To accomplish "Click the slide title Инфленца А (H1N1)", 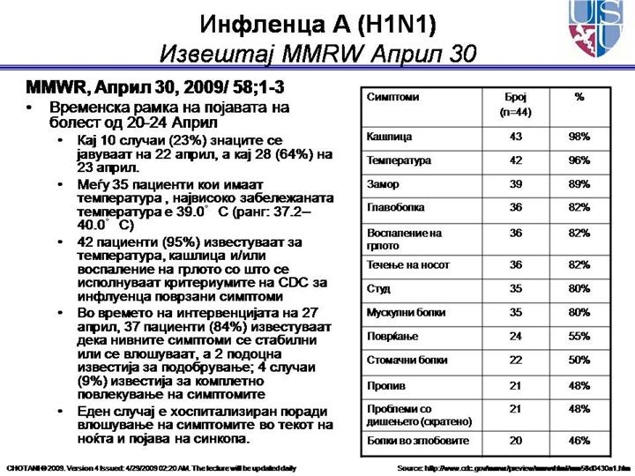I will click(317, 21).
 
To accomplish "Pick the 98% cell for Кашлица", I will click(579, 138).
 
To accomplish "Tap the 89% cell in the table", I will click(579, 185).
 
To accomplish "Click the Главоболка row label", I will click(395, 208).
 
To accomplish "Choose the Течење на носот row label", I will click(407, 264).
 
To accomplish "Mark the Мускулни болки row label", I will click(406, 312).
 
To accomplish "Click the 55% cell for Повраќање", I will click(579, 336).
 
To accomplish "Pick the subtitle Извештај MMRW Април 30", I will click(317, 54).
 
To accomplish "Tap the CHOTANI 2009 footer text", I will click(150, 466).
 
